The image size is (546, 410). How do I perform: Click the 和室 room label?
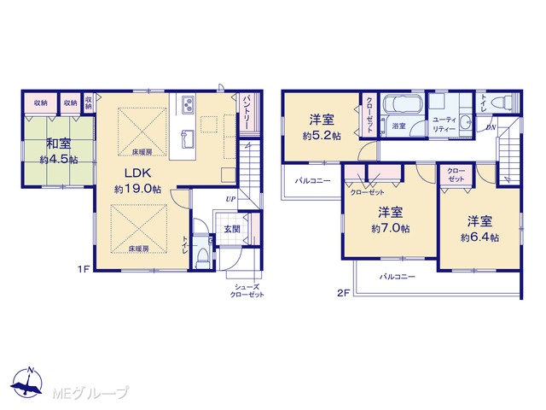pyautogui.click(x=59, y=143)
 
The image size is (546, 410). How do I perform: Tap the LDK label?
pyautogui.click(x=137, y=173)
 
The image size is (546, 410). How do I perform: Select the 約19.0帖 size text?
pyautogui.click(x=137, y=190)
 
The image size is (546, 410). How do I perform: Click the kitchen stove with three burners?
pyautogui.click(x=189, y=103)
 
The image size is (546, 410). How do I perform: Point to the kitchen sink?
pyautogui.click(x=188, y=138)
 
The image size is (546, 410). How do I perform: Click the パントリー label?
pyautogui.click(x=246, y=112)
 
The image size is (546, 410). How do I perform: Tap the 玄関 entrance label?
pyautogui.click(x=231, y=230)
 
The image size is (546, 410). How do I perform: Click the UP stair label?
pyautogui.click(x=230, y=199)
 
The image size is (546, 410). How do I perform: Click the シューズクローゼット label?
pyautogui.click(x=247, y=290)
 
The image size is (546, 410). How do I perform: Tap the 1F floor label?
pyautogui.click(x=84, y=269)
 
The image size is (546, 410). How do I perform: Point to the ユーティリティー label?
pyautogui.click(x=444, y=124)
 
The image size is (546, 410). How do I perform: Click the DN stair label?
pyautogui.click(x=491, y=127)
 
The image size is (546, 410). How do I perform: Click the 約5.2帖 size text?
pyautogui.click(x=322, y=136)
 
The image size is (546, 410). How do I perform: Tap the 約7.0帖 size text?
pyautogui.click(x=391, y=228)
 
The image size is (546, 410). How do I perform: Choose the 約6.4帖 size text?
pyautogui.click(x=479, y=237)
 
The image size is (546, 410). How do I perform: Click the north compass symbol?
pyautogui.click(x=26, y=382)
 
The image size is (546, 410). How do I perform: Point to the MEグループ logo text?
pyautogui.click(x=90, y=393)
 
